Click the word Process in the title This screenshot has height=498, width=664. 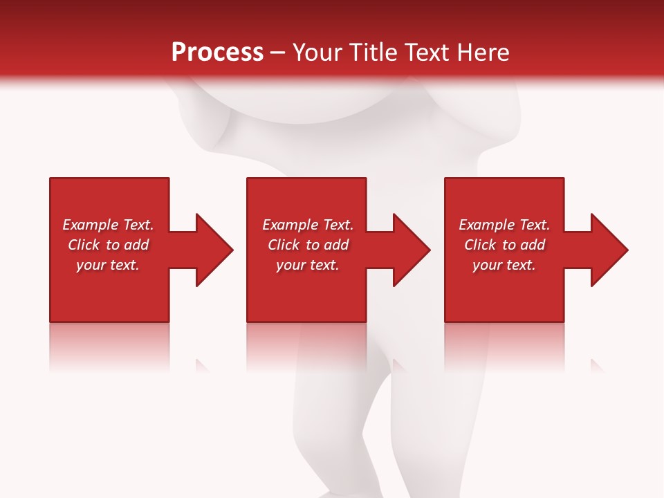[217, 52]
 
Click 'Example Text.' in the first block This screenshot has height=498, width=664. [108, 225]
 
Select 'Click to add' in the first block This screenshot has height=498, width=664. [108, 245]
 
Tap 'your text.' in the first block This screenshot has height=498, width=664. [108, 265]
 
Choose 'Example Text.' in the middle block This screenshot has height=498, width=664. [308, 225]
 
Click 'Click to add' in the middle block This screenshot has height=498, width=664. [308, 245]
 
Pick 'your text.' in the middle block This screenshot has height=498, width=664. [308, 265]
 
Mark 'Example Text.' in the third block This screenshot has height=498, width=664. [504, 225]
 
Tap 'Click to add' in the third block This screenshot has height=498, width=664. [504, 245]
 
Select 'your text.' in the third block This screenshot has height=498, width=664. [504, 265]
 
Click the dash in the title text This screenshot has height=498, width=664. [277, 53]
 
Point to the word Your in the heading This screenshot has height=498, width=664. [317, 52]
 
